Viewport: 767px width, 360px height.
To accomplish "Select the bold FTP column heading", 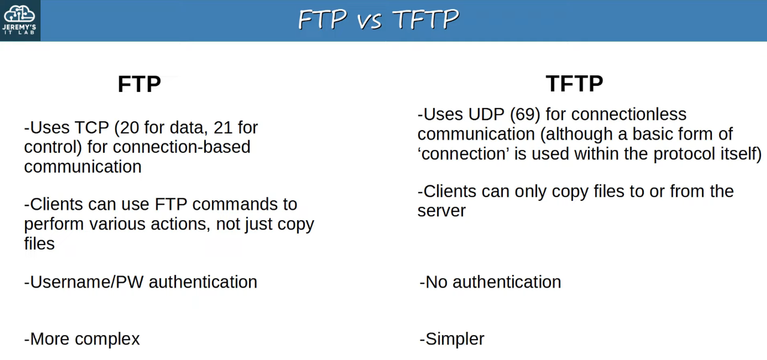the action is pyautogui.click(x=139, y=84).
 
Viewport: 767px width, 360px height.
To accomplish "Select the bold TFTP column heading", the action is pyautogui.click(x=574, y=84).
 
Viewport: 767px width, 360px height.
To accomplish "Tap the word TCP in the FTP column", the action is pyautogui.click(x=92, y=128).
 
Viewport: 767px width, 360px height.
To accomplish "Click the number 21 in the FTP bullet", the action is pyautogui.click(x=223, y=128).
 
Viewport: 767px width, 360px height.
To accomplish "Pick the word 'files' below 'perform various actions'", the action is pyautogui.click(x=40, y=243).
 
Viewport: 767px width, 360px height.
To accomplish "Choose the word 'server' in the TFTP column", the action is pyautogui.click(x=442, y=211).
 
